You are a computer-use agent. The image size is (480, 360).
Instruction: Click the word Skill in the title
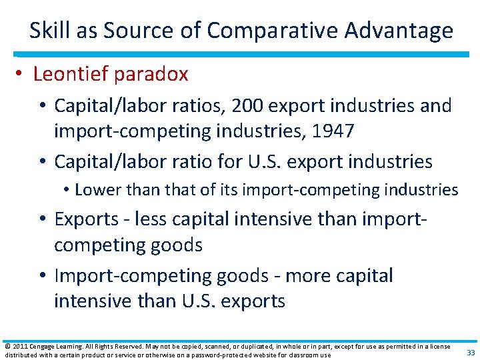click(x=48, y=31)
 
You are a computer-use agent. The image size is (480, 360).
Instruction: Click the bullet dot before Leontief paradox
click(x=21, y=74)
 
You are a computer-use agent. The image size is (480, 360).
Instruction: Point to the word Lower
click(x=95, y=190)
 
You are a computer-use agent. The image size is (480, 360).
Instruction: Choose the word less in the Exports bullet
click(x=161, y=219)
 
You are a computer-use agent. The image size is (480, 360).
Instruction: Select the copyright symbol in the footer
click(x=7, y=347)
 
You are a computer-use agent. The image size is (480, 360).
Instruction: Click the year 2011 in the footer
click(x=21, y=347)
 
